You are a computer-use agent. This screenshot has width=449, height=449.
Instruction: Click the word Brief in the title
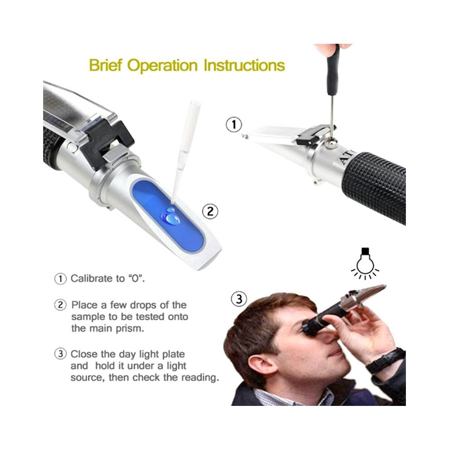(x=106, y=65)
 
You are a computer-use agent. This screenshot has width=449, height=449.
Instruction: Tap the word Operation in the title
(x=162, y=66)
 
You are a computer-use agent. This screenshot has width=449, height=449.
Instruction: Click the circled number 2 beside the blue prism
(x=210, y=212)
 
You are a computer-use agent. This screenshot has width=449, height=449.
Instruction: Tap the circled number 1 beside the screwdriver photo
(x=234, y=125)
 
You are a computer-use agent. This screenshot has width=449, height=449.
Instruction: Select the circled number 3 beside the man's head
(x=239, y=299)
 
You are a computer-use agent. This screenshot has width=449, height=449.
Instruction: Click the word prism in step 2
(x=130, y=329)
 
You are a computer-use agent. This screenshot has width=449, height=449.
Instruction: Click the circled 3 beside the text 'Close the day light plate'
(x=60, y=354)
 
